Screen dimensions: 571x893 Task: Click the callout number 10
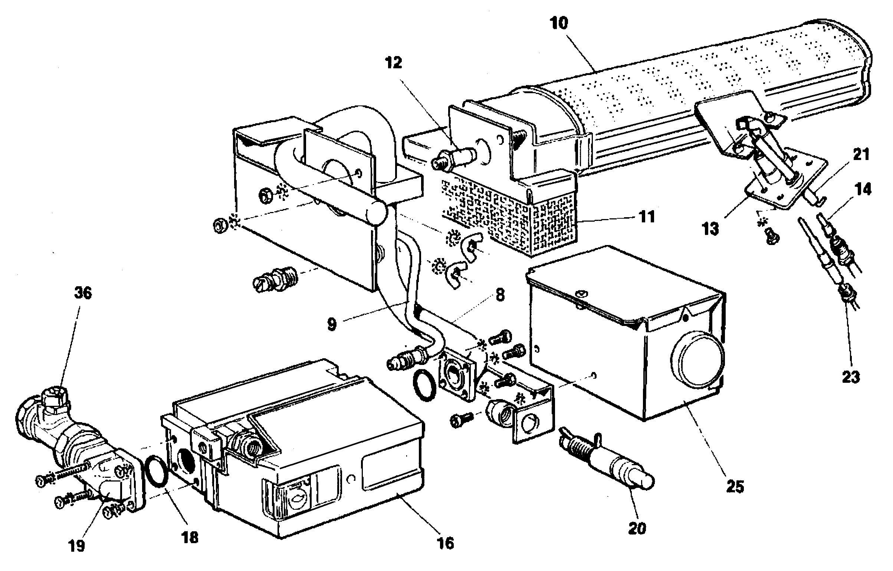point(559,23)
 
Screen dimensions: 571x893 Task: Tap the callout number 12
point(394,63)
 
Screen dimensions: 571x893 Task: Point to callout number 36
point(83,293)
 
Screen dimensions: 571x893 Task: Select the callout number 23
point(851,377)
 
